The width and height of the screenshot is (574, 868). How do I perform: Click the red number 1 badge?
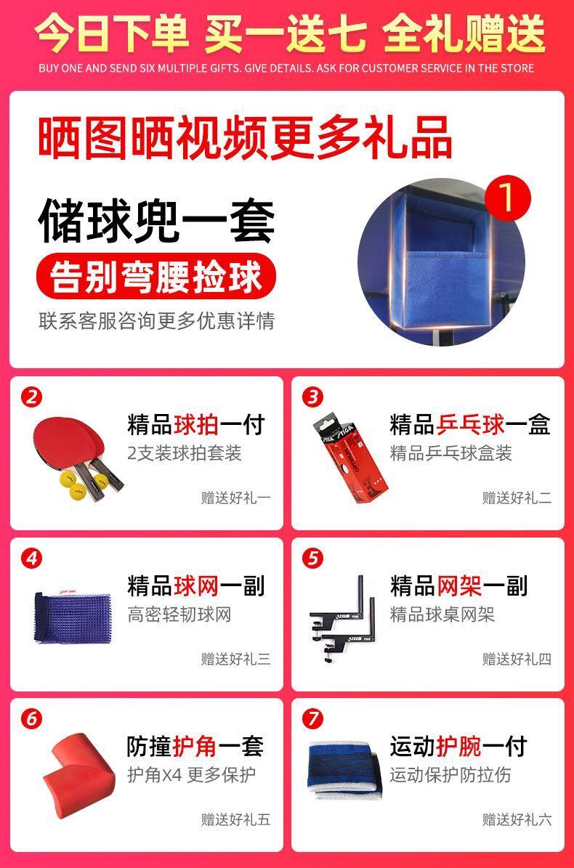pos(508,198)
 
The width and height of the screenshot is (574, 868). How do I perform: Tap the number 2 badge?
pos(31,397)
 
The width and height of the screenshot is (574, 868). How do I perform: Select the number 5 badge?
pos(312,558)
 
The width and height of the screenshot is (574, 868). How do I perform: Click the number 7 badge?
pos(312,718)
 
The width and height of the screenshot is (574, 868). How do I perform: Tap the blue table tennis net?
pos(72,618)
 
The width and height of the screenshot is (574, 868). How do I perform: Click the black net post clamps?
pos(342,618)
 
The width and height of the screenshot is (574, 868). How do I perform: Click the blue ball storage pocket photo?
pos(441,261)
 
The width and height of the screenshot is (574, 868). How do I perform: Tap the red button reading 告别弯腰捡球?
pos(156,276)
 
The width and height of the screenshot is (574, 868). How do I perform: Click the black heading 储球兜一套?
pos(157,221)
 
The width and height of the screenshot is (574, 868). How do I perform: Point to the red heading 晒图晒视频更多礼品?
pos(245,137)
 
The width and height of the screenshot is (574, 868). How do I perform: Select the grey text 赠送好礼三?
pos(236,659)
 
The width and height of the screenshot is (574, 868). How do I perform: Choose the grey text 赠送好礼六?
pos(517,819)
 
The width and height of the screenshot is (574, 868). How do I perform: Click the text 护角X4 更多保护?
pos(192,774)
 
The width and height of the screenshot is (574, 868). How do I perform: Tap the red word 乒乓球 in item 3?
pos(471,425)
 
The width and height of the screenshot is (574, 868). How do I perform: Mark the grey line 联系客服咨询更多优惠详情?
pos(157,321)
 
